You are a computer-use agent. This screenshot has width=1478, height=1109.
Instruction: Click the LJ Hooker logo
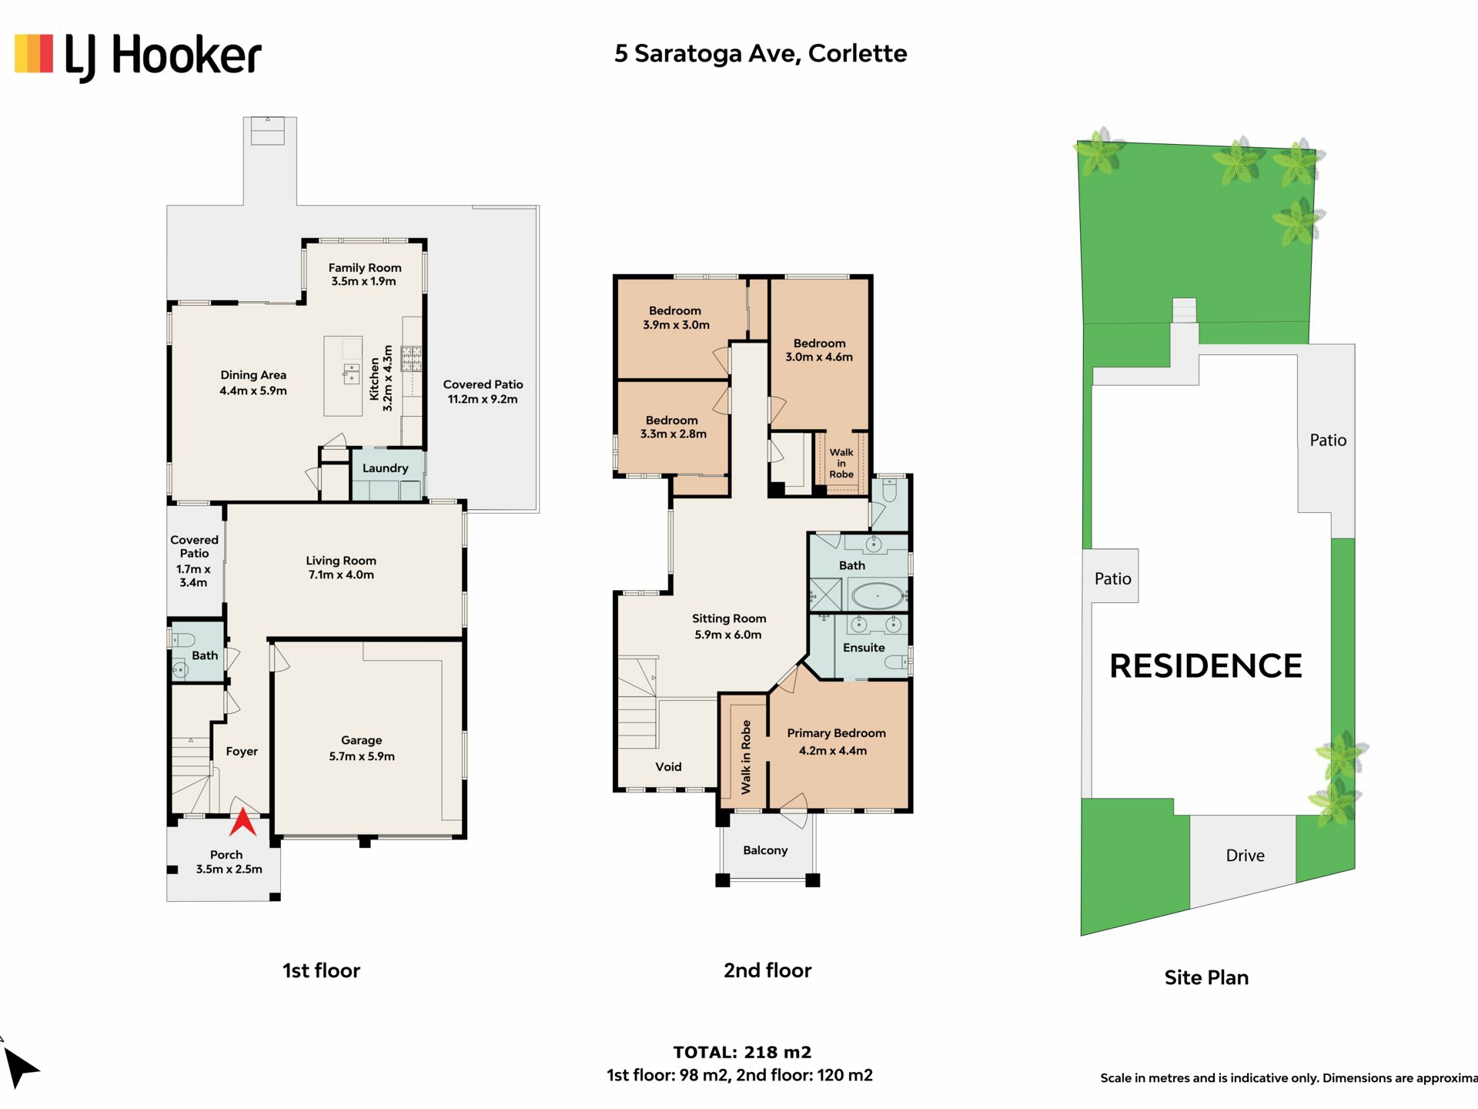click(x=138, y=55)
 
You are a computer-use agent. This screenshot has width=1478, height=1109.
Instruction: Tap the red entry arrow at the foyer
click(x=243, y=823)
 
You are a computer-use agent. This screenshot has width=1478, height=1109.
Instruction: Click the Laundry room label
click(x=385, y=468)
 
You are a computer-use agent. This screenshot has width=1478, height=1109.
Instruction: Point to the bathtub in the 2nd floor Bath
click(x=877, y=596)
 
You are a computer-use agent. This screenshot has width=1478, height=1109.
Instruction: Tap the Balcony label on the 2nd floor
click(x=765, y=850)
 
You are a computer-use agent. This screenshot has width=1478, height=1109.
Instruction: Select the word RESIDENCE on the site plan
click(x=1205, y=666)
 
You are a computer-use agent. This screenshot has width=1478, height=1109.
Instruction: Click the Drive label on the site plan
click(x=1245, y=856)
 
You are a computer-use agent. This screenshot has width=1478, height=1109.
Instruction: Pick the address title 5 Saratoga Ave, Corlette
click(x=761, y=53)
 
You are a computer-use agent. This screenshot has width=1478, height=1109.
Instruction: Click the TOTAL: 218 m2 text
click(x=742, y=1052)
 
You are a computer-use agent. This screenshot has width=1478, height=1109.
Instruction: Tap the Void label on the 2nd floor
click(x=668, y=767)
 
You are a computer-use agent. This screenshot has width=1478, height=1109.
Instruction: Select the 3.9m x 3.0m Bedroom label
click(x=676, y=318)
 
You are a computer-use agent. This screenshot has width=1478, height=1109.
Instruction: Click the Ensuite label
click(x=864, y=648)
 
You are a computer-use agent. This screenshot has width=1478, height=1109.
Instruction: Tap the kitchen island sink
click(x=351, y=374)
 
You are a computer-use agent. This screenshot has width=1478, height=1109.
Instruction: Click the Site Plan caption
click(x=1206, y=977)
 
